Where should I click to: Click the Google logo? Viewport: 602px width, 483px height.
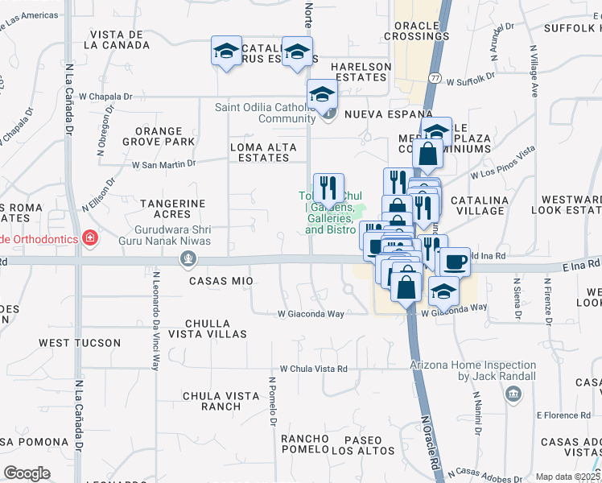click(27, 473)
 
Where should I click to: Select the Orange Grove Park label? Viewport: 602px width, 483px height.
click(165, 136)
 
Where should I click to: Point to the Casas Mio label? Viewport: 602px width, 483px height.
click(221, 281)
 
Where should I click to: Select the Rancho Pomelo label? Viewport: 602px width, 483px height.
click(305, 444)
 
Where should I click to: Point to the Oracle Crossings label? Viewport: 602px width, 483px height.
click(416, 31)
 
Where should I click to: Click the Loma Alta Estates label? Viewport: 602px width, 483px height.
click(260, 152)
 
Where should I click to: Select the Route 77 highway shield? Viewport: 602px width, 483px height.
click(435, 77)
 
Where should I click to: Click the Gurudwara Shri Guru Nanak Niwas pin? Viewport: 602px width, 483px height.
click(188, 258)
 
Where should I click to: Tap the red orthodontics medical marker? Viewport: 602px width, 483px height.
click(90, 238)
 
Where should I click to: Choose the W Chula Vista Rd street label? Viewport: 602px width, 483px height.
click(313, 369)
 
